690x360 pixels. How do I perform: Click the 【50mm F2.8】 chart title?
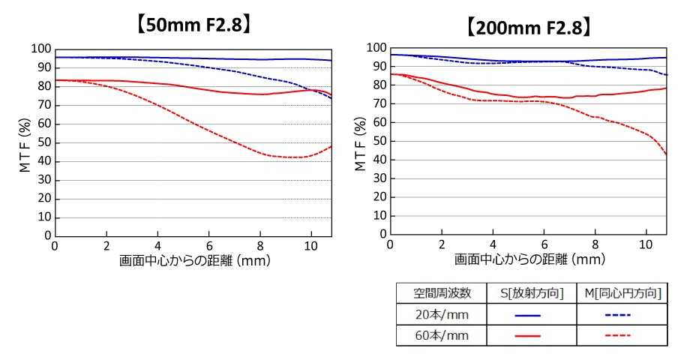[193, 25]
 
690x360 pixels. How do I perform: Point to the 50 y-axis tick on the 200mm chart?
[379, 140]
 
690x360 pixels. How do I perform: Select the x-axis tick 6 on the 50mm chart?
[209, 245]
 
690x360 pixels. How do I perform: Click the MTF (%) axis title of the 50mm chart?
[25, 142]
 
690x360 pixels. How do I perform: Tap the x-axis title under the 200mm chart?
[529, 259]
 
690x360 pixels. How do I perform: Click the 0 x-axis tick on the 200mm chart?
[390, 244]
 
